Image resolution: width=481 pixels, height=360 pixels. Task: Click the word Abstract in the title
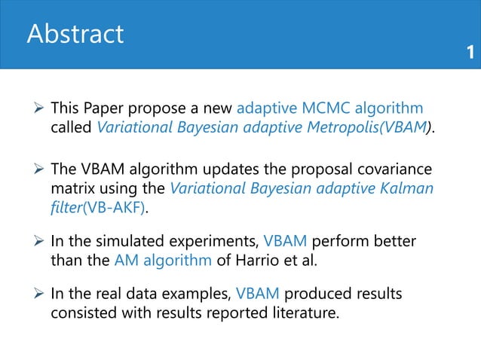(x=75, y=35)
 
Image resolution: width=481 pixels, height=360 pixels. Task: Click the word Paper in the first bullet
(x=108, y=108)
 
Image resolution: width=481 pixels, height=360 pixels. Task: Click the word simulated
(x=130, y=244)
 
